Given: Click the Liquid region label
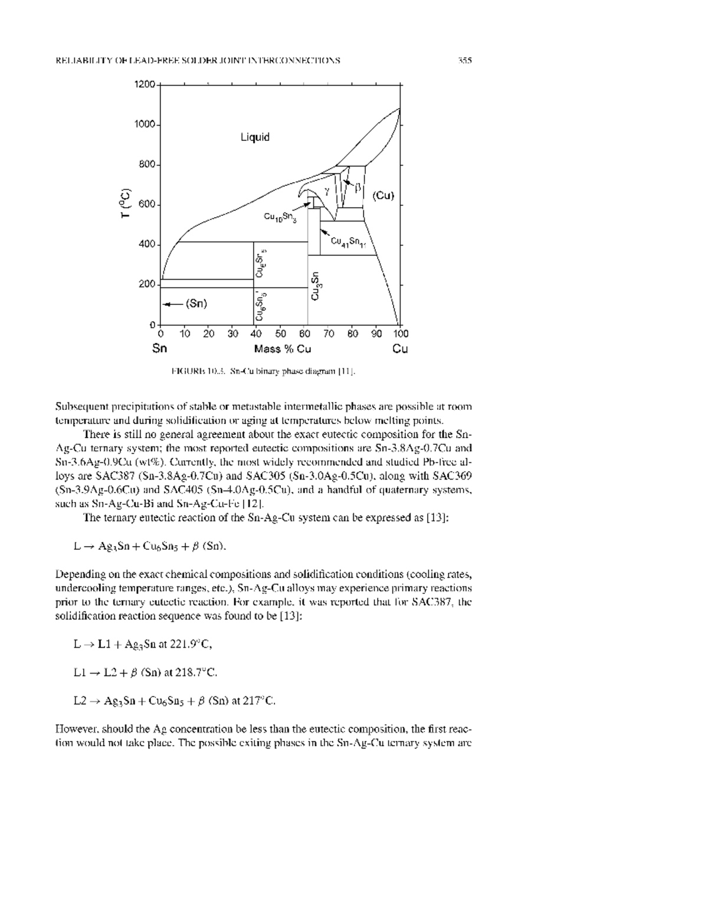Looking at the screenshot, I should (x=255, y=137).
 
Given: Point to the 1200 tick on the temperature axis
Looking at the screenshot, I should (x=145, y=84).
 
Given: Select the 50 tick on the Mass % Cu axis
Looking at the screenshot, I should (x=280, y=334).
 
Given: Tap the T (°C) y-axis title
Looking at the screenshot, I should (x=124, y=203).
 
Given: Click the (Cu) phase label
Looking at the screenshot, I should (x=382, y=196).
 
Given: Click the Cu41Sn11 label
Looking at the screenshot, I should (x=348, y=241).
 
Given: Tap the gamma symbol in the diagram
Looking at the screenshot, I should (x=326, y=190).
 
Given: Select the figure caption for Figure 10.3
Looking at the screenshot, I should (x=263, y=371).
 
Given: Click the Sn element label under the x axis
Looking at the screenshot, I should (x=159, y=349).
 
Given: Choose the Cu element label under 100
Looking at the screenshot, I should (x=400, y=349).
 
